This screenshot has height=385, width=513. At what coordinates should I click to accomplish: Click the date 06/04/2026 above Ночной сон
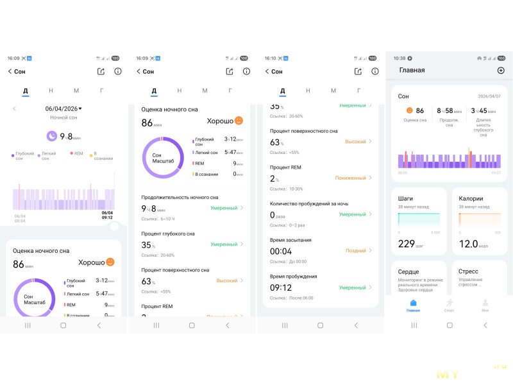click(x=63, y=108)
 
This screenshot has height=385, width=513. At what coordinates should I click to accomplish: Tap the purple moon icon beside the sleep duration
click(x=51, y=135)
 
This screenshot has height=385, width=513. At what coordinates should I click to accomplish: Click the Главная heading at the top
click(x=412, y=70)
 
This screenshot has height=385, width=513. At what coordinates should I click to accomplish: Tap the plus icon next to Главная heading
click(x=501, y=70)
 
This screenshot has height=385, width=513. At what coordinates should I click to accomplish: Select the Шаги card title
click(x=406, y=199)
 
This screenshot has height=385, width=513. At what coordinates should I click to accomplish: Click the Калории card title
click(x=471, y=199)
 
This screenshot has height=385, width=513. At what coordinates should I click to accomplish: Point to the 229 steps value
click(x=407, y=244)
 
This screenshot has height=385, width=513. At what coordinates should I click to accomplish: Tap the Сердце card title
click(x=408, y=271)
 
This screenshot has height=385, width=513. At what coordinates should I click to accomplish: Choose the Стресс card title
click(x=469, y=271)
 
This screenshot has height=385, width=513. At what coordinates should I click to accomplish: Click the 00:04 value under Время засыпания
click(x=281, y=251)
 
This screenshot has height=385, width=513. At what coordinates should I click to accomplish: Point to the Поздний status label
click(x=355, y=251)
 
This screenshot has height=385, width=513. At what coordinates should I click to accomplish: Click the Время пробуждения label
click(x=294, y=276)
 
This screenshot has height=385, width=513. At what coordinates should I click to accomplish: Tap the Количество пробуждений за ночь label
click(x=309, y=203)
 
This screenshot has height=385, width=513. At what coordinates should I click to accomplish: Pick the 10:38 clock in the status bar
click(x=399, y=58)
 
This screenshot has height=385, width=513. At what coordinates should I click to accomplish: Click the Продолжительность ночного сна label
click(x=180, y=197)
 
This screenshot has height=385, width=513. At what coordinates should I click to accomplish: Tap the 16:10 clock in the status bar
click(x=270, y=58)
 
